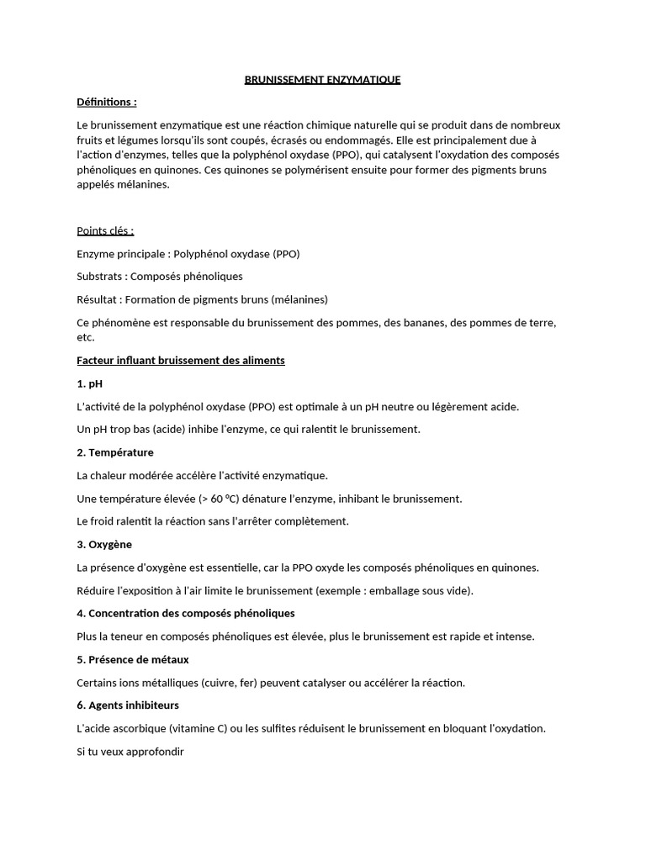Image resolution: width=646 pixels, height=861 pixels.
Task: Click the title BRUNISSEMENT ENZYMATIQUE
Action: pos(322,80)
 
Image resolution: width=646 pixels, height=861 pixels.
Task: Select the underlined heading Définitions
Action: pos(106,102)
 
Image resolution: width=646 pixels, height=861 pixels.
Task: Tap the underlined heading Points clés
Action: pos(105,230)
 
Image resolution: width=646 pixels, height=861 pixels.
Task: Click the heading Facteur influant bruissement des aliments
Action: pos(180,360)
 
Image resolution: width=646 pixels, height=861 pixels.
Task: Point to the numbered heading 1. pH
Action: pos(88,383)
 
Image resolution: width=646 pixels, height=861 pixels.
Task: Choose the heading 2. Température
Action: pos(114,452)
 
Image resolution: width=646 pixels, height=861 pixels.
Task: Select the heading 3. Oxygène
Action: pos(103,545)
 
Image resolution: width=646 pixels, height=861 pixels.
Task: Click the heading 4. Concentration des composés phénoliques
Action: pos(185,613)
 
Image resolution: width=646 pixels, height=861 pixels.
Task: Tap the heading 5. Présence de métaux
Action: pos(132,659)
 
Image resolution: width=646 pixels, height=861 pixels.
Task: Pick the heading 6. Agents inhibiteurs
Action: pos(127,705)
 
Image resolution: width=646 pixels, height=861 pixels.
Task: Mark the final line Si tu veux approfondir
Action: pos(130,752)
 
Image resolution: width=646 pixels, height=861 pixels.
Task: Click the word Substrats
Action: pos(98,277)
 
